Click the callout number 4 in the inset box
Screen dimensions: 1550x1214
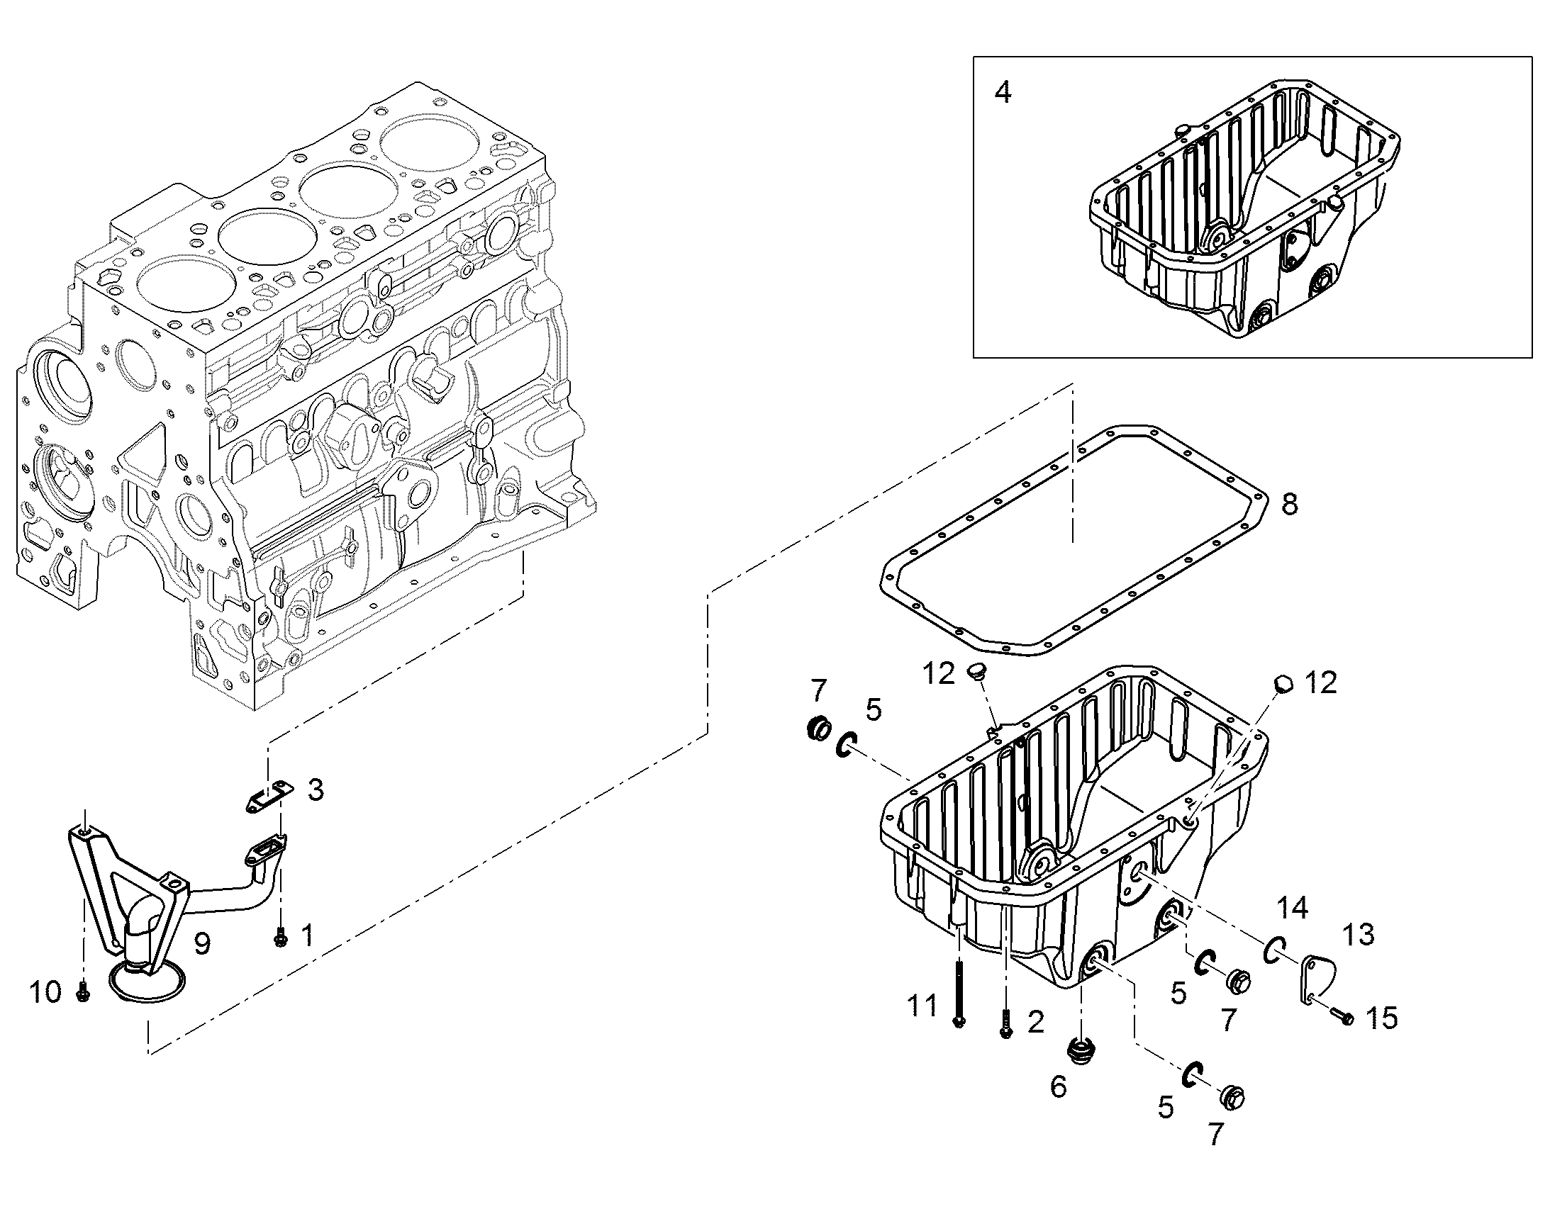point(1003,92)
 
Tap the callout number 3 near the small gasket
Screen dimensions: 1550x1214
point(316,789)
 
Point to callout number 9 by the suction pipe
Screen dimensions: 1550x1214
point(203,943)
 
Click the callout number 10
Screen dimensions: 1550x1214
point(46,991)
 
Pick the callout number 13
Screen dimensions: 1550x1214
point(1358,935)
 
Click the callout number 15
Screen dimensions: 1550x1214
point(1382,1018)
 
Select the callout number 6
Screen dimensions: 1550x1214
point(1059,1086)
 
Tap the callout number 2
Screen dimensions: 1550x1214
point(1036,1021)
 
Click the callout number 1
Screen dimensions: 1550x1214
point(307,935)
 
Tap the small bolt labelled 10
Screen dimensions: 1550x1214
point(82,991)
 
